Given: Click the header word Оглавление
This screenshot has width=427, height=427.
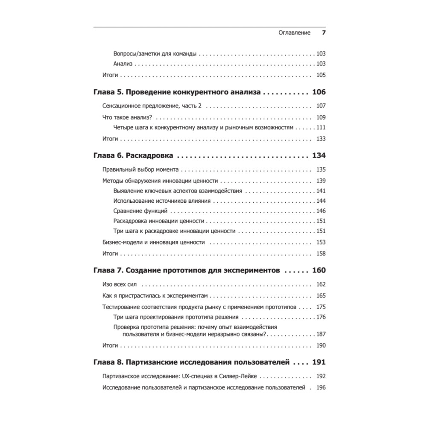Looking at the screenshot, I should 294,33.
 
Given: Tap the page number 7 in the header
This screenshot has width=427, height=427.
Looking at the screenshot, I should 323,33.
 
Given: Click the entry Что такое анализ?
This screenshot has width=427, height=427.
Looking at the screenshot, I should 128,117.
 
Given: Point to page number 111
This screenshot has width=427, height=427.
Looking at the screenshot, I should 321,128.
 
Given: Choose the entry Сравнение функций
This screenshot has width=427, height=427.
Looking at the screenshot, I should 140,211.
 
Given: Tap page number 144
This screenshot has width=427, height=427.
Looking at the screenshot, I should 321,201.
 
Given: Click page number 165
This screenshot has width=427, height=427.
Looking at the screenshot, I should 321,295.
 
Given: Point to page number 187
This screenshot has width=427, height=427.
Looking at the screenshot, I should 321,334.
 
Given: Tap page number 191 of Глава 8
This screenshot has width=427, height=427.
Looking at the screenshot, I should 319,362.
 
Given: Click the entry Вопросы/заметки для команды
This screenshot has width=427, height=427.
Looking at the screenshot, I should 155,54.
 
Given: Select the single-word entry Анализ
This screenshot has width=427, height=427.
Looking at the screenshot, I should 123,64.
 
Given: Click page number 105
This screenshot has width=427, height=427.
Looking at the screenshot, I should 321,75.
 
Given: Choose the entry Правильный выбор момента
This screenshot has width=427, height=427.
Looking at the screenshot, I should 140,169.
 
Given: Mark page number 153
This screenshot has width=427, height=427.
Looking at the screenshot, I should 321,242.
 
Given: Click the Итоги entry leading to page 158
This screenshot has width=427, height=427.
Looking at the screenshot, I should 110,253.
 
